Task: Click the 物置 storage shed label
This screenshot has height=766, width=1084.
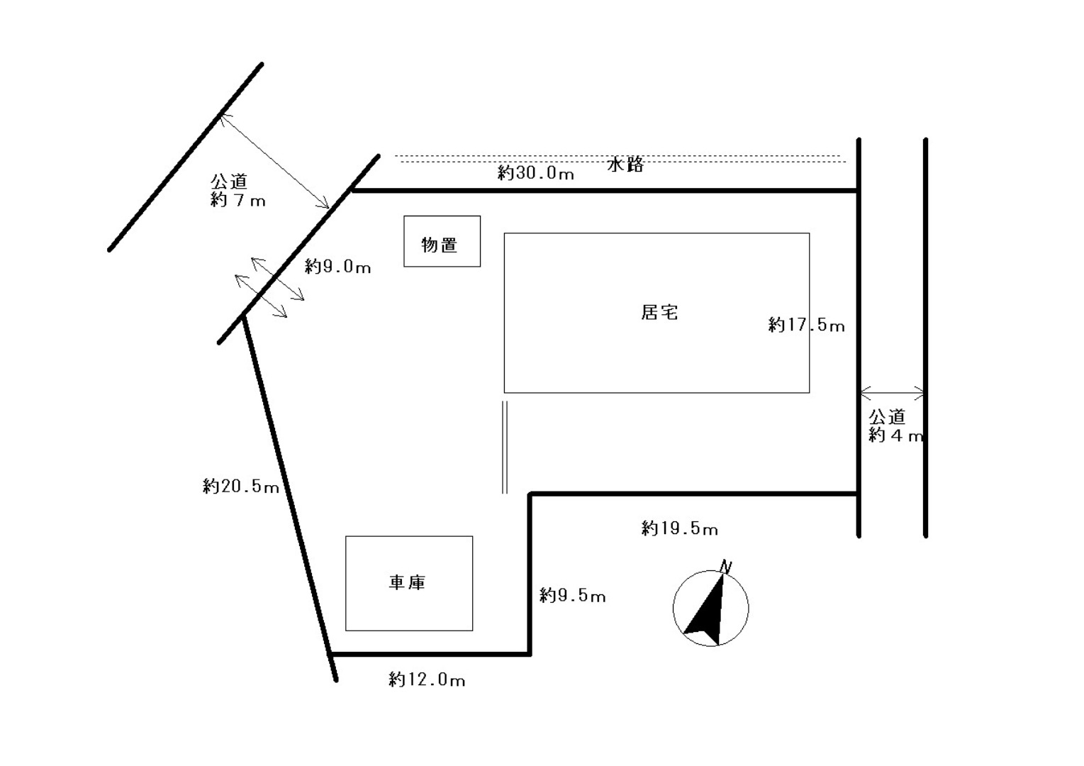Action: point(440,245)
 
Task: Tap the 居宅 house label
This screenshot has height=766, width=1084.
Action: point(659,312)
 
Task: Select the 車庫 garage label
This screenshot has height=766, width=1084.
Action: point(407,582)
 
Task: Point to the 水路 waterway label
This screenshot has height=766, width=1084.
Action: point(625,165)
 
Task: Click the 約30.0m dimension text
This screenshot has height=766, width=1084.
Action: point(535,172)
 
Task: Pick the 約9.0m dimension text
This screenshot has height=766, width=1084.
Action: point(337,267)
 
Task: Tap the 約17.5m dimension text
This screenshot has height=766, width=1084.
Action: point(806,325)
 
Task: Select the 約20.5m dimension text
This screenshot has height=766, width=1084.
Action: point(240,487)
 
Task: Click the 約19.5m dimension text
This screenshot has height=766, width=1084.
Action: point(679,528)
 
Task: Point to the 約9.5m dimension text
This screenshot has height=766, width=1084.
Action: point(572,595)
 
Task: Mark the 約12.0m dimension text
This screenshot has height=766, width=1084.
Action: point(427,679)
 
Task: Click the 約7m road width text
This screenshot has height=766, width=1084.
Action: point(238,200)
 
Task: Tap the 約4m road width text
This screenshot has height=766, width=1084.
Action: point(896,435)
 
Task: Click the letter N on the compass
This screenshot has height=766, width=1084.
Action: point(725,566)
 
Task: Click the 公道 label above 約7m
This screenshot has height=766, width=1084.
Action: point(228,182)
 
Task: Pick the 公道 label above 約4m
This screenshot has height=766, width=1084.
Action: point(887,416)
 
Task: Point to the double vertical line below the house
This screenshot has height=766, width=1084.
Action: point(505,447)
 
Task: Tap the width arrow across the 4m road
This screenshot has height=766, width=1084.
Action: point(892,392)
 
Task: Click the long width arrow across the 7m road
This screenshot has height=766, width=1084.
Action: point(274,161)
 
